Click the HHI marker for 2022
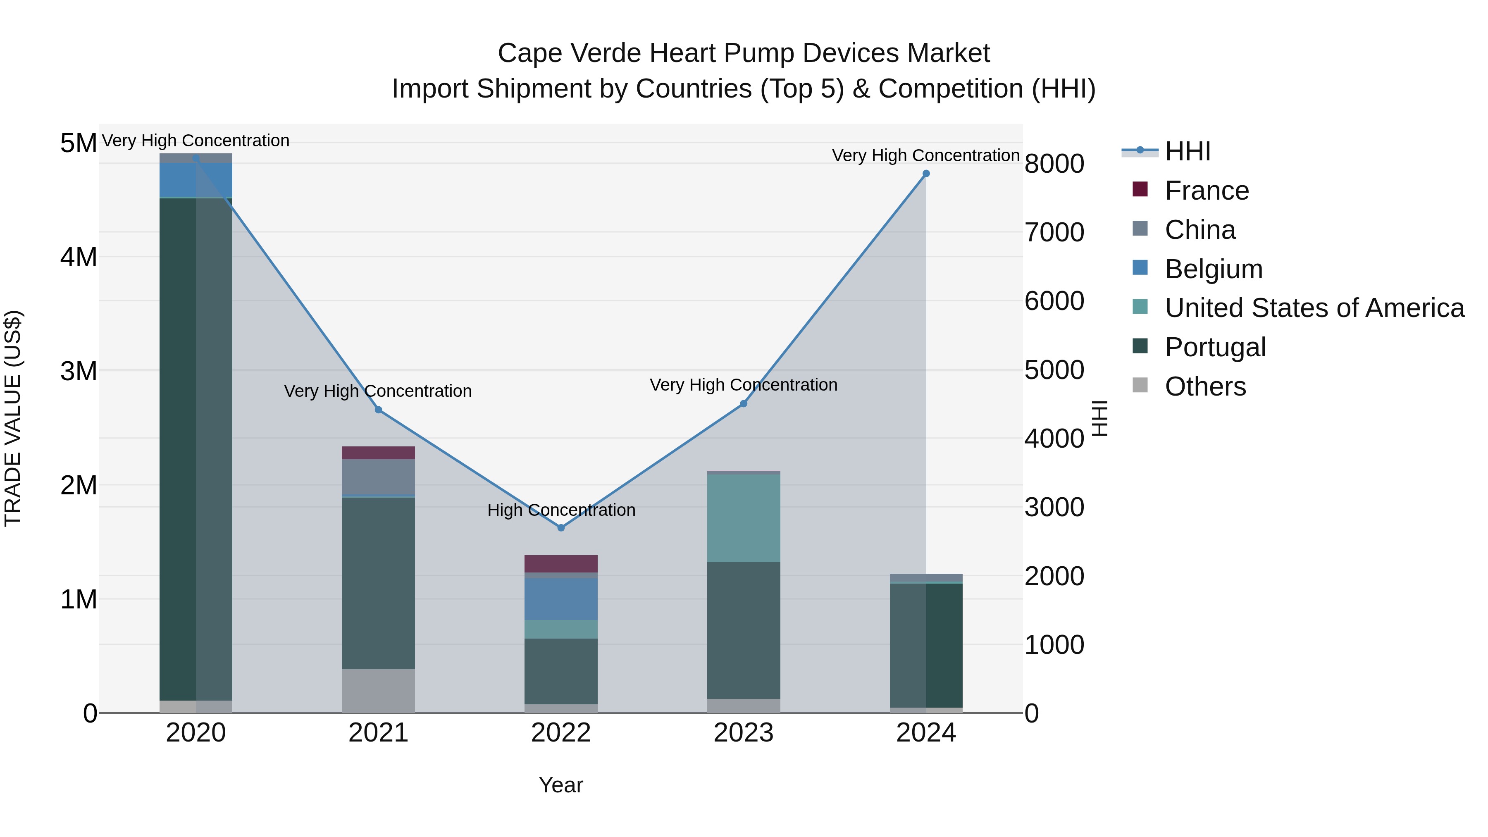[561, 527]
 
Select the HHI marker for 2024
[926, 173]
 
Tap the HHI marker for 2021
[378, 410]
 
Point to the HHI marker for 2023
[744, 404]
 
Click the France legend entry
[1206, 191]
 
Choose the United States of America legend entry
[1314, 308]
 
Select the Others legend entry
[1205, 386]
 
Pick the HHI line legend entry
[1187, 151]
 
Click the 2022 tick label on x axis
[561, 733]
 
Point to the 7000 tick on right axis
[1054, 232]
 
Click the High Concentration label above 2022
[561, 510]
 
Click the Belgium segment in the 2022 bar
[561, 599]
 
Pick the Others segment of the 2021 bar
[378, 690]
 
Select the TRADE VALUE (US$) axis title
[13, 418]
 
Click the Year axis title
[561, 785]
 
